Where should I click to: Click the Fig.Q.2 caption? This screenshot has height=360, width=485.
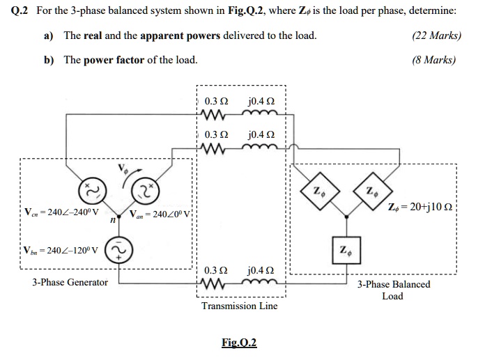click(x=239, y=342)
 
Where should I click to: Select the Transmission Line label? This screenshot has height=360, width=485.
click(x=239, y=306)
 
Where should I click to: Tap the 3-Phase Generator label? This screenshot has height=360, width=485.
click(x=70, y=282)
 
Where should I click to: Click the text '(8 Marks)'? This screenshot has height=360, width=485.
click(x=435, y=60)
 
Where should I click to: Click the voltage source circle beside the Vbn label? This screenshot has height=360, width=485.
click(x=120, y=250)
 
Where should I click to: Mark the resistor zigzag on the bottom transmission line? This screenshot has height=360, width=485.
click(x=213, y=283)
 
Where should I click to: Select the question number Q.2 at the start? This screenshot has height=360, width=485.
click(x=16, y=12)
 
